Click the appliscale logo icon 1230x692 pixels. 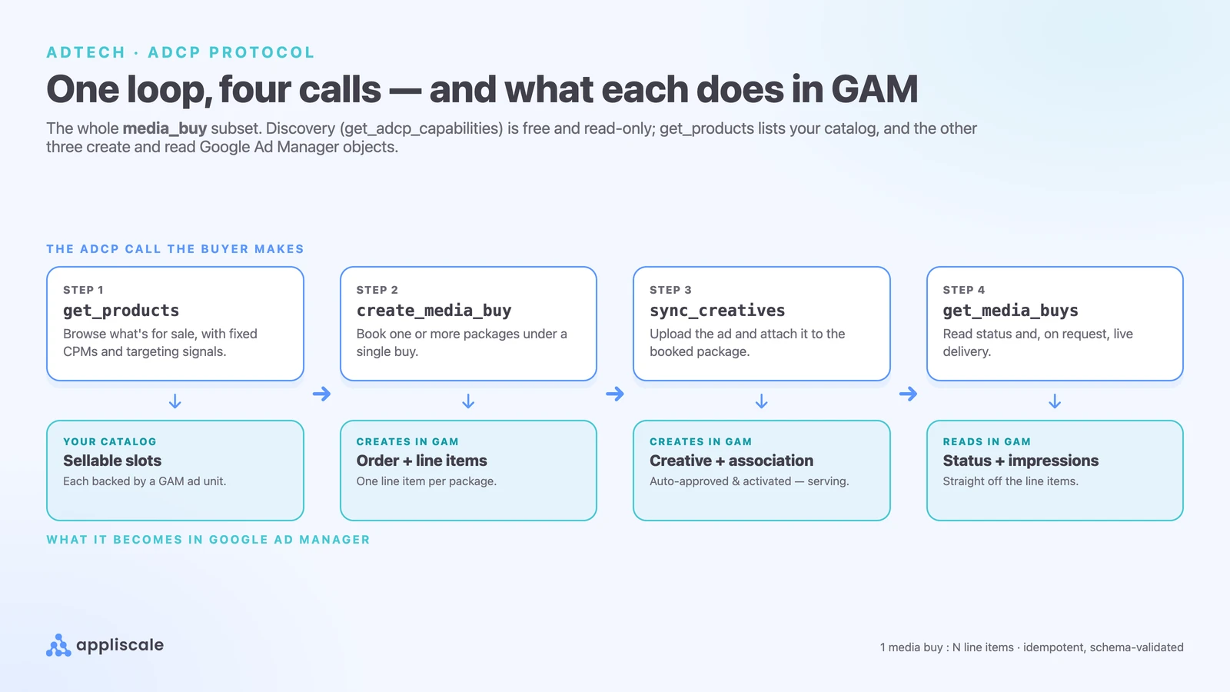(58, 645)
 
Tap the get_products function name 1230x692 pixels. (121, 311)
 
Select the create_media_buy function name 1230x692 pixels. (434, 311)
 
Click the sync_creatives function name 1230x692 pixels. (717, 311)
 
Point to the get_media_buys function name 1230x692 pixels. (1010, 311)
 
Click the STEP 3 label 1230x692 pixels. (670, 290)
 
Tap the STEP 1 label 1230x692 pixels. (83, 290)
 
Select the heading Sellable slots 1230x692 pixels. (112, 461)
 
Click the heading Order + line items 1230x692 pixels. (422, 461)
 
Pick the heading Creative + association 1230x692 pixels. (731, 461)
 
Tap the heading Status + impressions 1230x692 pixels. (1021, 461)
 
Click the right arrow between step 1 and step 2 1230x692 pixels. (322, 394)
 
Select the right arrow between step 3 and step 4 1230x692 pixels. (908, 394)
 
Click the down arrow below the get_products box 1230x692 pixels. (175, 401)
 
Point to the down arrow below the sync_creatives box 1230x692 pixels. (762, 401)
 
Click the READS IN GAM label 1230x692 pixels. (987, 441)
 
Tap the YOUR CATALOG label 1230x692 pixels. (110, 441)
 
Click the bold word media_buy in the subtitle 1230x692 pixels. (165, 128)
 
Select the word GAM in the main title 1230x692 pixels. (874, 89)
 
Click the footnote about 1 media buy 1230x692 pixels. (1031, 647)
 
